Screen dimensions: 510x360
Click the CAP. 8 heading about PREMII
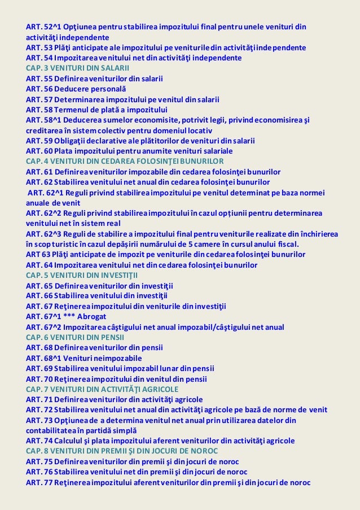[x=121, y=451]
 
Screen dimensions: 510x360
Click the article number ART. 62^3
[x=44, y=233]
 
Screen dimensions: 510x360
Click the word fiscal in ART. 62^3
[x=287, y=244]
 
